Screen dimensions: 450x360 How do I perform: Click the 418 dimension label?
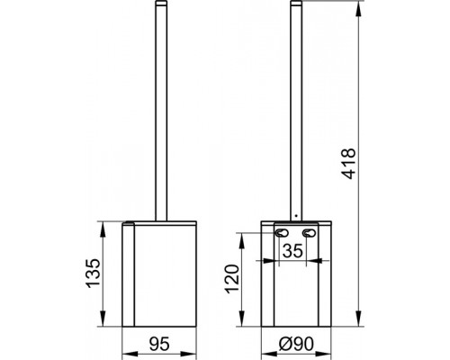click(349, 164)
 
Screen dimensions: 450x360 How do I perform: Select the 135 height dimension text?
click(93, 273)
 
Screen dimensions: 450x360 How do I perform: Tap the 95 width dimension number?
click(159, 344)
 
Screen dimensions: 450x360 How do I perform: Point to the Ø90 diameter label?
click(296, 344)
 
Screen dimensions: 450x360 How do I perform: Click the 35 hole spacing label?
click(292, 251)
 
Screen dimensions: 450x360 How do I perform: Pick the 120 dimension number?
click(233, 279)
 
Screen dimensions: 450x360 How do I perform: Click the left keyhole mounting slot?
click(282, 232)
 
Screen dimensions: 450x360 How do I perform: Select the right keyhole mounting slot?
click(308, 232)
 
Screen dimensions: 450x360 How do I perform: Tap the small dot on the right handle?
click(296, 215)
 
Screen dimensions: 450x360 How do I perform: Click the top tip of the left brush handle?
click(161, 1)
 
